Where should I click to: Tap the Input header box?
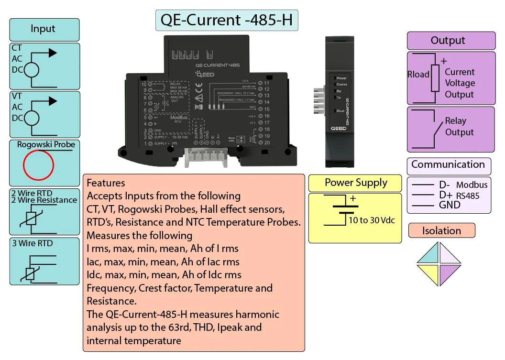[x=43, y=29]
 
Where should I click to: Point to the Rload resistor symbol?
[x=435, y=78]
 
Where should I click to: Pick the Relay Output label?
[x=459, y=127]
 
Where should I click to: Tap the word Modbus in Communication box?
[x=472, y=185]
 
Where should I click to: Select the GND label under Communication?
[x=449, y=205]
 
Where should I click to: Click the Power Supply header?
[x=356, y=183]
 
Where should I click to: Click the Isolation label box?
[x=441, y=231]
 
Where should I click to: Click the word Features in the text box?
[x=106, y=183]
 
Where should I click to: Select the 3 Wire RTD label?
[x=33, y=243]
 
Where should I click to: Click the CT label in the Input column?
[x=17, y=48]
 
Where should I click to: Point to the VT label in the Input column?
[x=17, y=96]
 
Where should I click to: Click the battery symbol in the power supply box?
[x=343, y=208]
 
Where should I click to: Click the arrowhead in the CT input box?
[x=52, y=53]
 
